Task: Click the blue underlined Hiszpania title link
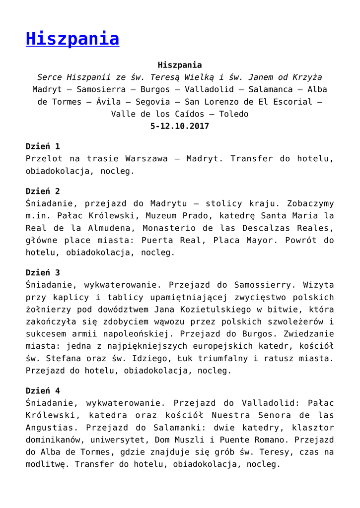pos(72,39)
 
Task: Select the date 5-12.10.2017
pos(180,126)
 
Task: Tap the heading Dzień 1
pos(43,146)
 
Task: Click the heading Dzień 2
pos(43,191)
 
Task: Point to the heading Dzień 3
pos(43,272)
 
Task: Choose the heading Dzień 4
pos(43,391)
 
